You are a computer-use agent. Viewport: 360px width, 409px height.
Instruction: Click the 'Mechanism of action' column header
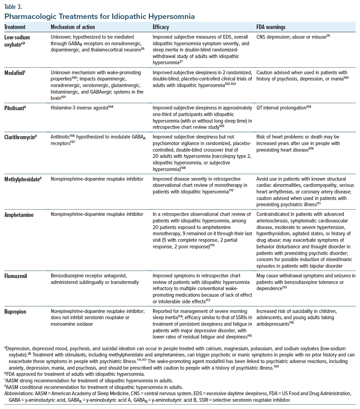tap(73, 27)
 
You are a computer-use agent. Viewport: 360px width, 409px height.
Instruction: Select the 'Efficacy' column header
tap(161, 27)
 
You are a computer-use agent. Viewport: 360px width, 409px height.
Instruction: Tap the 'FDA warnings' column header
tap(271, 27)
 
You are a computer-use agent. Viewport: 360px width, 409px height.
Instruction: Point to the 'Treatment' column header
tap(15, 27)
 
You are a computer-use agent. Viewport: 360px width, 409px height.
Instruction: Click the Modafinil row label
tap(16, 73)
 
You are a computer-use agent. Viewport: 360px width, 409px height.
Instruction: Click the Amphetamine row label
tap(19, 215)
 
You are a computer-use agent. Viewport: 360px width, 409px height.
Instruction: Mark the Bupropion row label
tap(16, 312)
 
